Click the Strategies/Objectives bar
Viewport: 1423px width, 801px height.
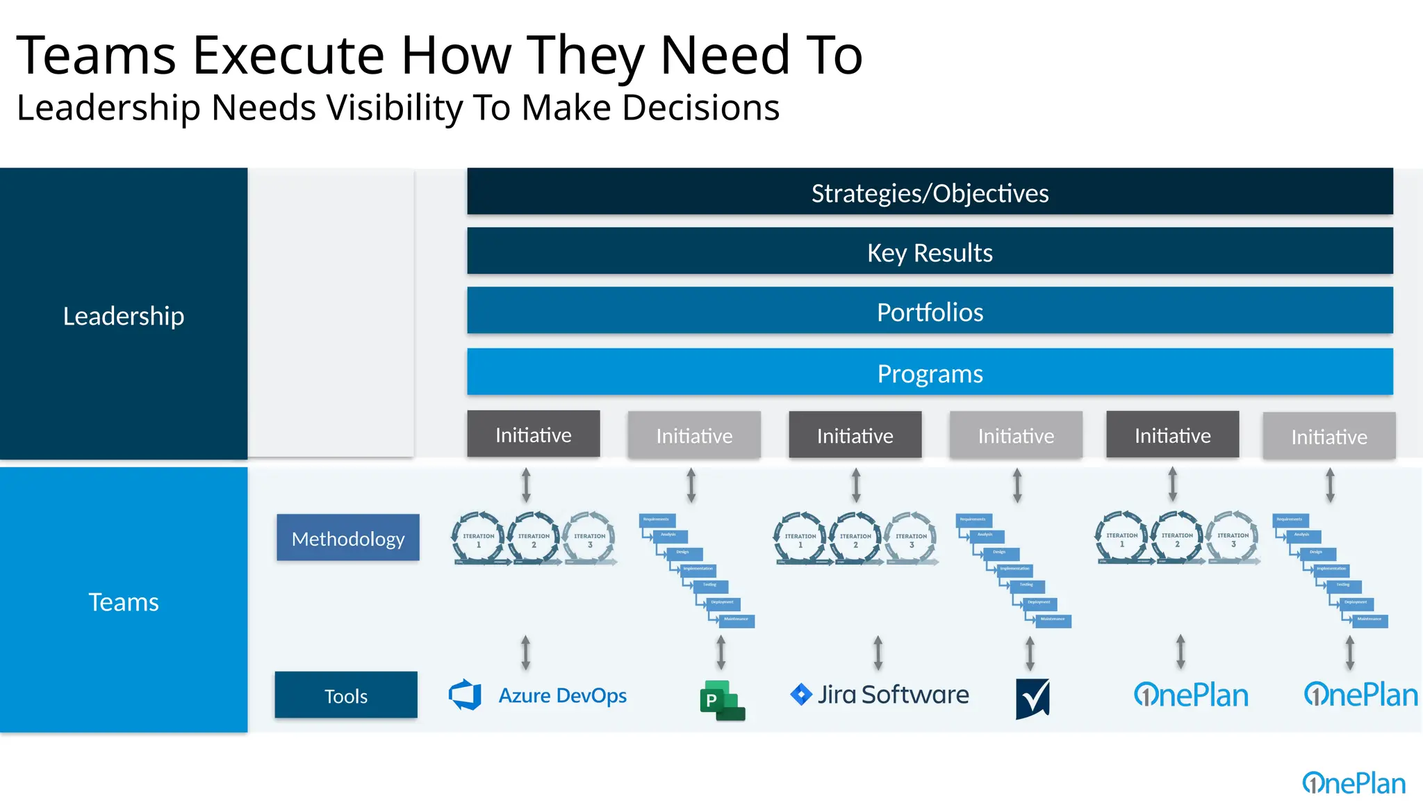coord(930,192)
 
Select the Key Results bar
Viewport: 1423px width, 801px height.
coord(930,252)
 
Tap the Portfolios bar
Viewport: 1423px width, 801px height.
coord(930,311)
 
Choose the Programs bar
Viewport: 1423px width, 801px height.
coord(930,373)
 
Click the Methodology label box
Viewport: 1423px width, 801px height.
coord(348,538)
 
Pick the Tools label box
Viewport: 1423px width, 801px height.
coord(346,695)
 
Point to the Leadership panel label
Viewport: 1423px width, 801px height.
coord(124,316)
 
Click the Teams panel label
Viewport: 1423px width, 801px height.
coord(124,601)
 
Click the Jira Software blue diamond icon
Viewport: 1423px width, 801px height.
coord(801,694)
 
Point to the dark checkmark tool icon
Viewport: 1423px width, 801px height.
coord(1033,699)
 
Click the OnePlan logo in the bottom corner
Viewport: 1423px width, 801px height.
coord(1354,783)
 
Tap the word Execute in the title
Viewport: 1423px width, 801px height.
coord(288,56)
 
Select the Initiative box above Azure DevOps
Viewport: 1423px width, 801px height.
coord(533,435)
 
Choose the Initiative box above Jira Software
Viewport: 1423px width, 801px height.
coord(855,435)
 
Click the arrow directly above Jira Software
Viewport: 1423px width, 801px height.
coord(878,652)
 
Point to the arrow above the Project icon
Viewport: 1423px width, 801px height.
coord(721,652)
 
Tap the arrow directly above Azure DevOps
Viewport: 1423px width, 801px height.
coord(526,652)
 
